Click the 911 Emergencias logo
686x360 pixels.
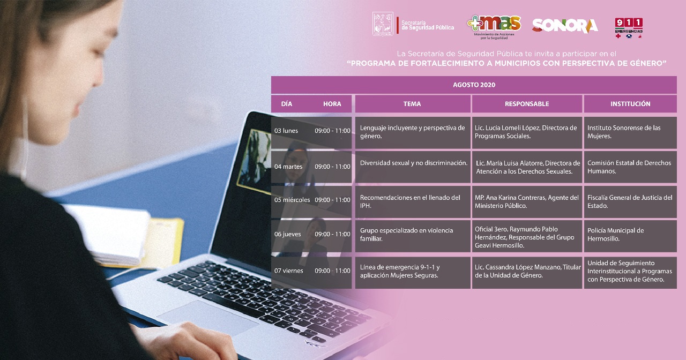click(629, 28)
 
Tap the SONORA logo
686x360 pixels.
click(565, 26)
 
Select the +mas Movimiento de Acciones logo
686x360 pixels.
click(494, 27)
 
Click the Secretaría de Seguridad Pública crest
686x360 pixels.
click(383, 24)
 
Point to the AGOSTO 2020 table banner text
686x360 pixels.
click(474, 85)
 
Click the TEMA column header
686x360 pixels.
click(412, 104)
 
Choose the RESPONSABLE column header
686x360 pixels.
click(527, 104)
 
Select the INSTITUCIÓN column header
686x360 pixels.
click(630, 104)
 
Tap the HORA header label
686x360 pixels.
click(332, 104)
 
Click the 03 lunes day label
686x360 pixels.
click(286, 131)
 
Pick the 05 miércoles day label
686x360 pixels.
click(292, 200)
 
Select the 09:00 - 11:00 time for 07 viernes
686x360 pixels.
click(333, 271)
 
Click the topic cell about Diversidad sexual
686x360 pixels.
click(413, 167)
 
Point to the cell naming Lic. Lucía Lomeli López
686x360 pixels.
click(527, 132)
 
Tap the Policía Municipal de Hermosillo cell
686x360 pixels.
click(630, 236)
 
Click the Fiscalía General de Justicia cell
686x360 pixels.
click(630, 202)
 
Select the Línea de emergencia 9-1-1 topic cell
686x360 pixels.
click(413, 273)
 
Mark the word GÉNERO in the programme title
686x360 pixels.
click(647, 63)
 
